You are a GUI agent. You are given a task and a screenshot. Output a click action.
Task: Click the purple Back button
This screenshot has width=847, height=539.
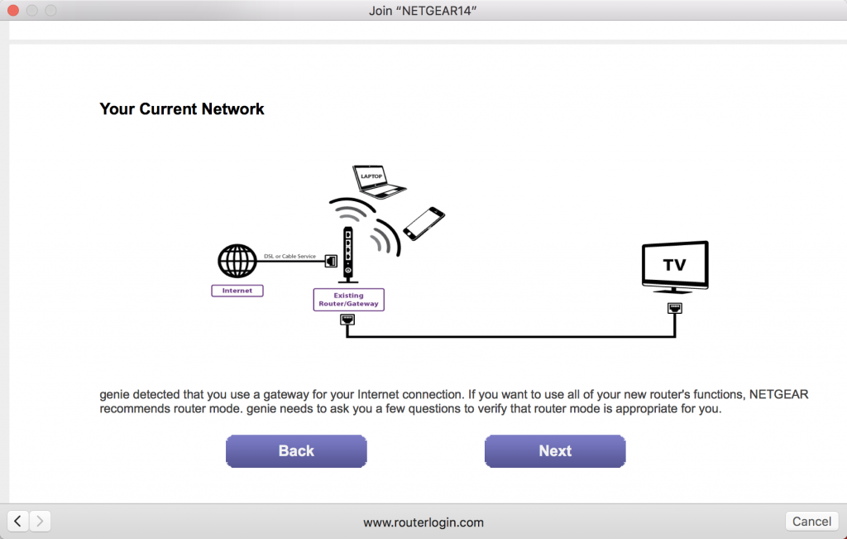(x=296, y=451)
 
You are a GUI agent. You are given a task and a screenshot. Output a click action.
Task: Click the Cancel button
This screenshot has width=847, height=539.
(x=811, y=522)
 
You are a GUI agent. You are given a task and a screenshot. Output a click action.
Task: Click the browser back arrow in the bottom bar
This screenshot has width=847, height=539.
(x=18, y=521)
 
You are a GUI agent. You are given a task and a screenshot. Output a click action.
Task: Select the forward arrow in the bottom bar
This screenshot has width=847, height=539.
(x=40, y=521)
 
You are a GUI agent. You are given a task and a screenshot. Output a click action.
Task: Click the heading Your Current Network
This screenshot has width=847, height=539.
(x=182, y=109)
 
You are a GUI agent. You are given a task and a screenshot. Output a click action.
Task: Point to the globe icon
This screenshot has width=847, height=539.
(x=237, y=262)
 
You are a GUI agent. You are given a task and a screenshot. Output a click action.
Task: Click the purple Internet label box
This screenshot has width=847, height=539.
(x=237, y=291)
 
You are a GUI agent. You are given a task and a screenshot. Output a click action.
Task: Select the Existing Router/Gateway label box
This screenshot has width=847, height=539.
(x=348, y=300)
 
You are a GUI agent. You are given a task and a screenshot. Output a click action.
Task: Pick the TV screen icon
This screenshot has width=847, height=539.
(x=675, y=266)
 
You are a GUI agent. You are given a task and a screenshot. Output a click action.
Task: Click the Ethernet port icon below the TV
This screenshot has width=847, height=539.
(x=675, y=309)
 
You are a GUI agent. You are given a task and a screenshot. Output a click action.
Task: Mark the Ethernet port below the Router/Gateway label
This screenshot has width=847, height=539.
(x=347, y=320)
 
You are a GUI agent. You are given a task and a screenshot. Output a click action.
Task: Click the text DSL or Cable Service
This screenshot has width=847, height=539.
(x=290, y=257)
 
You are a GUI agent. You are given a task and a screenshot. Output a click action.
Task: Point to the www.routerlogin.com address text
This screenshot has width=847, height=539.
(x=423, y=522)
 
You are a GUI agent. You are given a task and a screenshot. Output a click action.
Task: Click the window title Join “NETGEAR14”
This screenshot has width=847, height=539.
(x=423, y=11)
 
